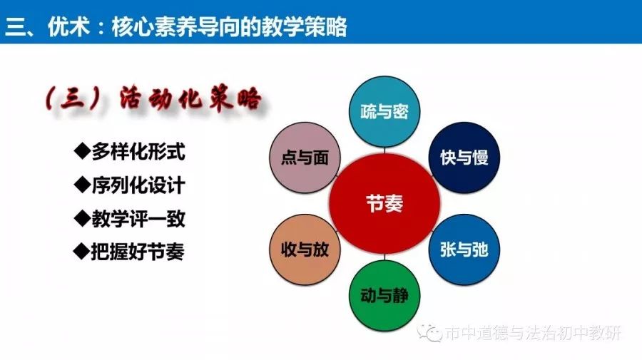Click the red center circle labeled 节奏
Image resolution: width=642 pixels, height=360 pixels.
385,203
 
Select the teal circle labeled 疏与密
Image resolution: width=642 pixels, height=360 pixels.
384,111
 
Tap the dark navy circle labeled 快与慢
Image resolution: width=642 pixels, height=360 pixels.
464,158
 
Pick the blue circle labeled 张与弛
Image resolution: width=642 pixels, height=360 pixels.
464,250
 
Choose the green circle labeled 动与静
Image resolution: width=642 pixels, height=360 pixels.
384,295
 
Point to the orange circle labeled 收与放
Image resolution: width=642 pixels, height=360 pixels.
305,250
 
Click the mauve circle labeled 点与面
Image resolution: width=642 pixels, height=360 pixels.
305,158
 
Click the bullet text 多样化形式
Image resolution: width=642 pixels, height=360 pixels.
138,152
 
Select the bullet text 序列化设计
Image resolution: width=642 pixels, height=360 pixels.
138,185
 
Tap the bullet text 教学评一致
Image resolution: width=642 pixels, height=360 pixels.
138,219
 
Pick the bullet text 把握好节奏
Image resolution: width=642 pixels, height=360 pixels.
138,252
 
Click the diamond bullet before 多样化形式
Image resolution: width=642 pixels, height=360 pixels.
82,151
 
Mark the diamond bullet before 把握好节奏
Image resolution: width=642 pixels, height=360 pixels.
81,251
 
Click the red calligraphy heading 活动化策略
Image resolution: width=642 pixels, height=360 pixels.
190,99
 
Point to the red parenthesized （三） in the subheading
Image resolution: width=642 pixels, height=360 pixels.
73,98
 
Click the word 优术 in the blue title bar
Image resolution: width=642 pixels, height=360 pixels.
68,26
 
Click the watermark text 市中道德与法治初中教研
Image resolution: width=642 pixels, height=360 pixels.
533,333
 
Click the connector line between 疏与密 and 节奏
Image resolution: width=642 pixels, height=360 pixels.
384,150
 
